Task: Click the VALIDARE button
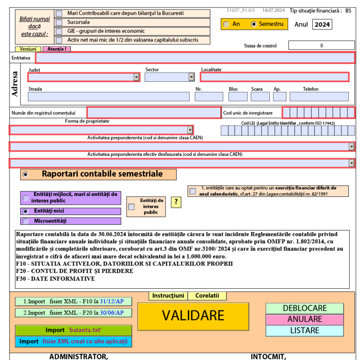(x=193, y=316)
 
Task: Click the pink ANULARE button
(x=304, y=319)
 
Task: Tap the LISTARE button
(x=304, y=331)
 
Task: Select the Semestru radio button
(x=254, y=24)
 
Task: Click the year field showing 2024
(x=322, y=25)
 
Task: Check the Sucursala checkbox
(x=59, y=22)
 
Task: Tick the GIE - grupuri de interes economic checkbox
(x=59, y=31)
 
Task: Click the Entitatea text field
(x=195, y=58)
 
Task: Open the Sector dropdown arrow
(x=191, y=77)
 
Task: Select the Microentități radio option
(x=26, y=221)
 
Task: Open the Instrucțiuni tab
(x=168, y=296)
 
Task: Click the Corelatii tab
(x=207, y=296)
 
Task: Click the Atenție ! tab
(x=56, y=49)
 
